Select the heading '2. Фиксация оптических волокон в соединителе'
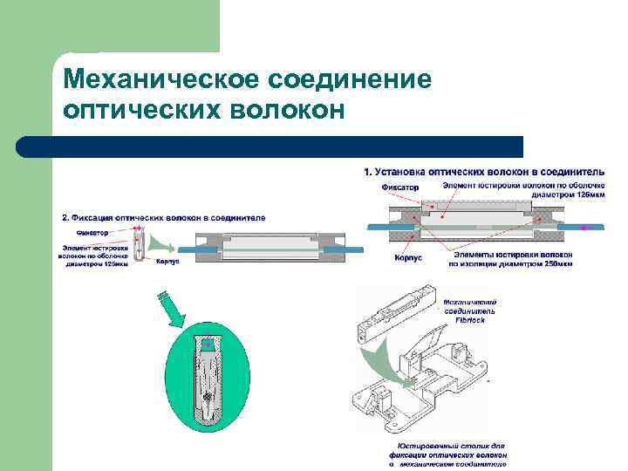164,216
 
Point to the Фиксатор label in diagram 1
400,187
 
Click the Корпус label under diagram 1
409,259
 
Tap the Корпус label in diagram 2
167,263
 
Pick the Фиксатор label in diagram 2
92,233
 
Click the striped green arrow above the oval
171,309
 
